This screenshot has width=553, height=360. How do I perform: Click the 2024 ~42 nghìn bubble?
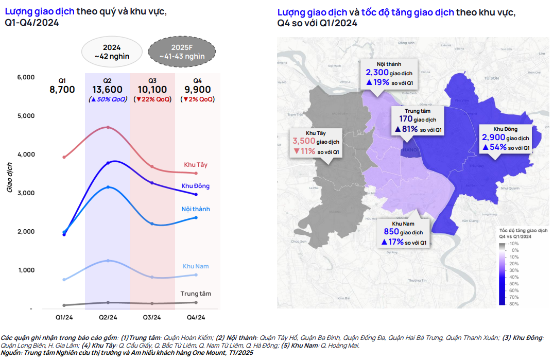112,52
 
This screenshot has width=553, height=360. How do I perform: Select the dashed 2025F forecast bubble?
182,52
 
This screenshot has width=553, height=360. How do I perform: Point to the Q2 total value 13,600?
107,90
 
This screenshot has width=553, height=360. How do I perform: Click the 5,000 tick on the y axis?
26,116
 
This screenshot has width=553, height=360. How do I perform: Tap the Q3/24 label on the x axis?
152,317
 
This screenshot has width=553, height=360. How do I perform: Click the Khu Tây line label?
196,165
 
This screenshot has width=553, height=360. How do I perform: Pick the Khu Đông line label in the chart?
196,186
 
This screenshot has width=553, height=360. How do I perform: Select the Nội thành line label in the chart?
196,209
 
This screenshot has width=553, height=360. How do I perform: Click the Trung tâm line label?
196,294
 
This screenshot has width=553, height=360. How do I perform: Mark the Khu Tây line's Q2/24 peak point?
108,127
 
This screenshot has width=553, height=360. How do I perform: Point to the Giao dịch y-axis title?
10,178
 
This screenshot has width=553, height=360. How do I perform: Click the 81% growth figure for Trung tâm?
410,129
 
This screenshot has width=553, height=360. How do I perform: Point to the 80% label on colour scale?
513,303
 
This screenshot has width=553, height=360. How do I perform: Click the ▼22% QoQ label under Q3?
152,99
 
